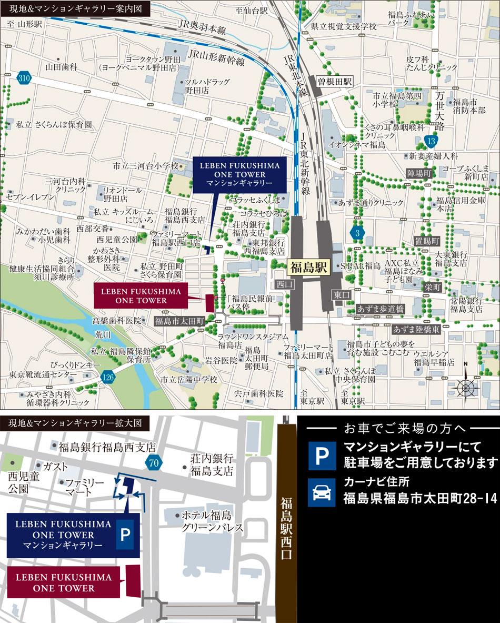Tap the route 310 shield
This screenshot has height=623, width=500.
(23, 77)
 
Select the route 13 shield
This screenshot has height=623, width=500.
(431, 141)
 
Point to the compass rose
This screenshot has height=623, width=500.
(465, 387)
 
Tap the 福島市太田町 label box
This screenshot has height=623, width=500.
(178, 321)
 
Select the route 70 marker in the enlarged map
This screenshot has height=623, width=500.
(153, 463)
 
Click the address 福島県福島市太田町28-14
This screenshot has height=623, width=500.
(420, 498)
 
